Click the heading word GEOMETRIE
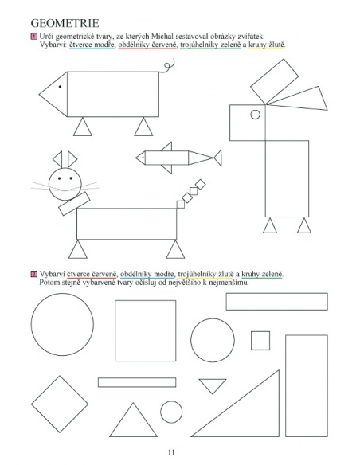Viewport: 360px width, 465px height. [65, 23]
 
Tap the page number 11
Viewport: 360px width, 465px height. [171, 452]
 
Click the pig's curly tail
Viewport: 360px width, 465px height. [167, 67]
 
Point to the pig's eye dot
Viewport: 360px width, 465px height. [60, 87]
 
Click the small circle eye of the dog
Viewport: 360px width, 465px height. [256, 115]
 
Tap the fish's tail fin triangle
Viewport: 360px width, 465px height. [218, 158]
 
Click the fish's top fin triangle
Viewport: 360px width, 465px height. [167, 147]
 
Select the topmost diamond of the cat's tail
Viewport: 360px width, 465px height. [201, 184]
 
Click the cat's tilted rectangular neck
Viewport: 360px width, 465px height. [74, 204]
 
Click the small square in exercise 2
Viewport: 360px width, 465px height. [260, 341]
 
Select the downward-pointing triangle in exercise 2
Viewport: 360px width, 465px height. [213, 385]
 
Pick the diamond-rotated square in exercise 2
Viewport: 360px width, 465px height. [60, 404]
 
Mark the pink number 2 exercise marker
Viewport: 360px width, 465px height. [33, 274]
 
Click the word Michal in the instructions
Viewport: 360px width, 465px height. [162, 37]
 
